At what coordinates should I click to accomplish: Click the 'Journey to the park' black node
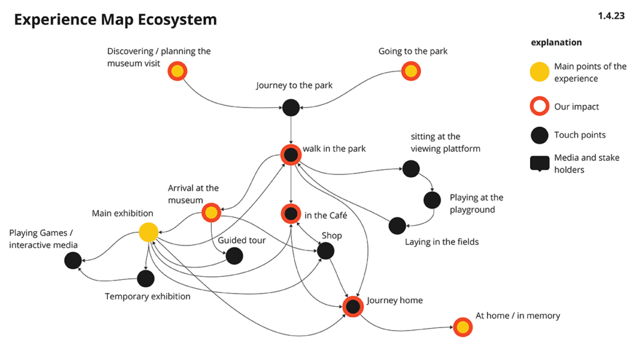pos(291,107)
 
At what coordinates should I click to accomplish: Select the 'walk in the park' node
pos(291,154)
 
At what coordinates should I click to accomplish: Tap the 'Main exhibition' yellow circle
pos(148,232)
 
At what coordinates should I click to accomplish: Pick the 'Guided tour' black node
pos(234,256)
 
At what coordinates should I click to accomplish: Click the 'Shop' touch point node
pos(326,251)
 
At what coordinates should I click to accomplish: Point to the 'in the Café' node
pos(291,214)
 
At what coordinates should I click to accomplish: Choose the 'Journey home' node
pos(353,306)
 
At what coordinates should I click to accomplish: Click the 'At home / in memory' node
pos(462,327)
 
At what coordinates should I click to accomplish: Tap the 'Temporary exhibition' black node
pos(146,278)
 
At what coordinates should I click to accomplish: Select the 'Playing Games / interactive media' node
pos(73,261)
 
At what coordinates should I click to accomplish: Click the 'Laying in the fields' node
pos(397,226)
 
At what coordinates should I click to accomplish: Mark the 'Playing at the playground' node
pos(432,200)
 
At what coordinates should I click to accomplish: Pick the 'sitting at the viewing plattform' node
pos(411,168)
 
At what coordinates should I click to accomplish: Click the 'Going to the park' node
pos(411,71)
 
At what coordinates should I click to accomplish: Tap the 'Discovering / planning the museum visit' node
pos(177,71)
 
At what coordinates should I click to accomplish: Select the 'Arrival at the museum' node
pos(211,213)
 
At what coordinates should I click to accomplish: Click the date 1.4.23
pos(611,16)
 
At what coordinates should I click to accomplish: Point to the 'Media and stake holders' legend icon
pos(539,164)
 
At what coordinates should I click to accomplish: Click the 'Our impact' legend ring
pos(539,106)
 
